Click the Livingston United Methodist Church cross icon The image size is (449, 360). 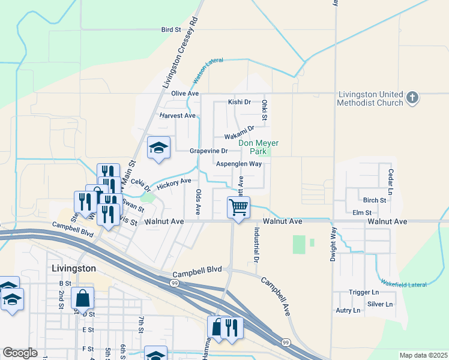click(x=412, y=98)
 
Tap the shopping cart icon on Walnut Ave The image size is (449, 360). click(x=239, y=208)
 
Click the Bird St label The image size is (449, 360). click(x=171, y=29)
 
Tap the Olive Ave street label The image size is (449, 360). click(x=185, y=94)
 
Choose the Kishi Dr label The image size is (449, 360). click(x=239, y=103)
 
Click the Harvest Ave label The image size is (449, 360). click(x=178, y=115)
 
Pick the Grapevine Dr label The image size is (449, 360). click(x=209, y=151)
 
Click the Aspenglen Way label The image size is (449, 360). click(x=238, y=164)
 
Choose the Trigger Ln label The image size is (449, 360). click(x=363, y=292)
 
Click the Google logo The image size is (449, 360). click(x=20, y=353)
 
